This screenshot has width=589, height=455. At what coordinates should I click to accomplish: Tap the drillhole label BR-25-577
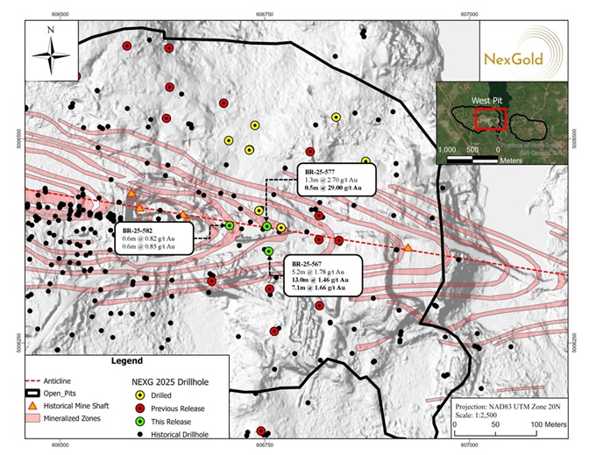click(317, 170)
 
